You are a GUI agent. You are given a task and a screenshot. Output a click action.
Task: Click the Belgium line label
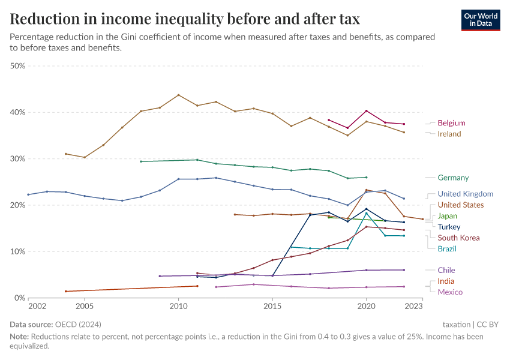pyautogui.click(x=451, y=123)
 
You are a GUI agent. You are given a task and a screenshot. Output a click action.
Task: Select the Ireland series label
pyautogui.click(x=449, y=134)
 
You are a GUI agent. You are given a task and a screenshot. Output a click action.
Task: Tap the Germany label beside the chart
pyautogui.click(x=453, y=178)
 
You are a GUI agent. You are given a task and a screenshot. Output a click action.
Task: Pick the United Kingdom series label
pyautogui.click(x=465, y=194)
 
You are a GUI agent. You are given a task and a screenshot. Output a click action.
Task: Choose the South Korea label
pyautogui.click(x=458, y=238)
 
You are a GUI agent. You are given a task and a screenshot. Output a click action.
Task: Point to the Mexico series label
pyautogui.click(x=450, y=292)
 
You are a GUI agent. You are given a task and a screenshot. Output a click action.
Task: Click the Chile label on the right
pyautogui.click(x=446, y=270)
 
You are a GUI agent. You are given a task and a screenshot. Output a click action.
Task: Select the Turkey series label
pyautogui.click(x=449, y=227)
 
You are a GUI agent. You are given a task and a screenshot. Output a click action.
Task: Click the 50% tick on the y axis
pyautogui.click(x=17, y=66)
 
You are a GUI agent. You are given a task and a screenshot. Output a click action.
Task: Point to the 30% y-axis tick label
pyautogui.click(x=17, y=159)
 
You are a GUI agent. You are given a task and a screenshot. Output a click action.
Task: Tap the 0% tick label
pyautogui.click(x=19, y=298)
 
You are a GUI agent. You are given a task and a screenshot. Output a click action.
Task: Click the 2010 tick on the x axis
pyautogui.click(x=178, y=307)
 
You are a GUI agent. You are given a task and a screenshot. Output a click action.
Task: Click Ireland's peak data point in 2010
pyautogui.click(x=178, y=95)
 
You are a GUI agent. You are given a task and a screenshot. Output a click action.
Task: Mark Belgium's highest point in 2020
pyautogui.click(x=367, y=111)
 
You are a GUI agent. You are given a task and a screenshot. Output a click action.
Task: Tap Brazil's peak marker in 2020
pyautogui.click(x=367, y=213)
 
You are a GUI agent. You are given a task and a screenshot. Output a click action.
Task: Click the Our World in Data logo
pyautogui.click(x=481, y=20)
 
